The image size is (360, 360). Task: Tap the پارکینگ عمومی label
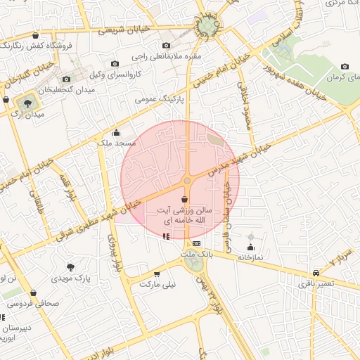[x=159, y=100]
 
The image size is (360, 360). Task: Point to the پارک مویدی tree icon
[x=70, y=267]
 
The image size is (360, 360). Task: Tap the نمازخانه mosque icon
[x=250, y=247]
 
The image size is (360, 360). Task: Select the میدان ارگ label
[x=29, y=114]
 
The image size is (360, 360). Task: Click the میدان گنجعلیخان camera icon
[x=66, y=79]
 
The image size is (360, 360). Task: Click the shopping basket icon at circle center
[x=184, y=200]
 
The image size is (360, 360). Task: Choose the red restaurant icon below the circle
[x=166, y=236]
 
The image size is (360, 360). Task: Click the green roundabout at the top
[x=208, y=27]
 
